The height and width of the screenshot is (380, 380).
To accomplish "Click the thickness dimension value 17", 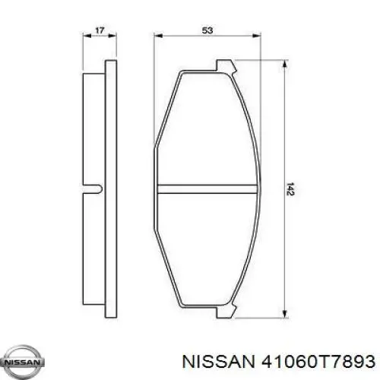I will [x=99, y=31].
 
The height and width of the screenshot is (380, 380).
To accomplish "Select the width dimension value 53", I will [x=207, y=31].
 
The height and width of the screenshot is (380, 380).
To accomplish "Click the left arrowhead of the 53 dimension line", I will [x=157, y=40].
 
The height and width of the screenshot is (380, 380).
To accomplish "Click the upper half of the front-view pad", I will [x=207, y=129].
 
